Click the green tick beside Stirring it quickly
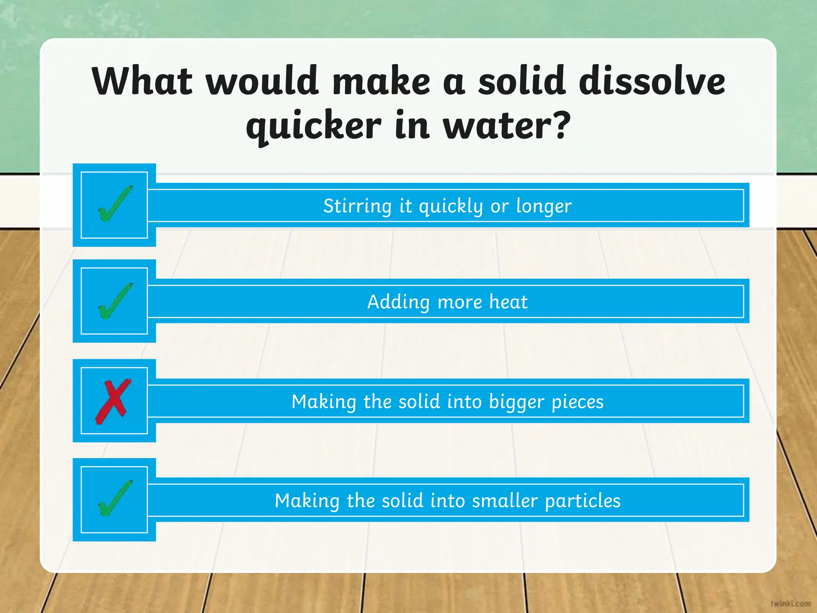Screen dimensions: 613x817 click(x=115, y=204)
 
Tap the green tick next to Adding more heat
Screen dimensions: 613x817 click(x=115, y=301)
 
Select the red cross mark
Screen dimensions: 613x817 click(x=113, y=401)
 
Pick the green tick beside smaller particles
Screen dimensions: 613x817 click(x=115, y=499)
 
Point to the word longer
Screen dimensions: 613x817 click(x=544, y=206)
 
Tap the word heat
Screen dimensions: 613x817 click(x=508, y=302)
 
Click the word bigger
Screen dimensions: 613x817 click(x=517, y=402)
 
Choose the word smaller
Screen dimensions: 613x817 click(x=505, y=500)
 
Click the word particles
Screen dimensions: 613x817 click(x=583, y=500)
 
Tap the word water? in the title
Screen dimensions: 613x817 click(x=507, y=126)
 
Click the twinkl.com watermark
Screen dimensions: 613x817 click(x=790, y=603)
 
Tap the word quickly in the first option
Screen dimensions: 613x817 click(x=450, y=206)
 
